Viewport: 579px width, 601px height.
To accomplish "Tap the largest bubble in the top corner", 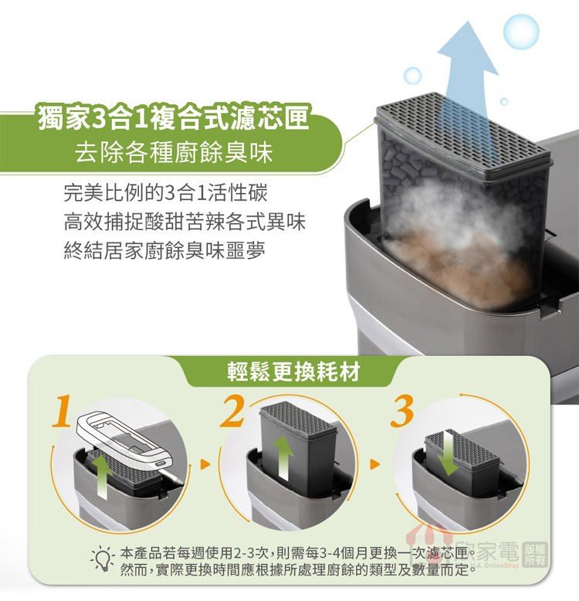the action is point(521,32).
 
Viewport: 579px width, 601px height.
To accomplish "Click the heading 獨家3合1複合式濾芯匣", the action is point(174,117).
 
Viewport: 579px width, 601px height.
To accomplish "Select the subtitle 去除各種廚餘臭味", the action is point(174,152).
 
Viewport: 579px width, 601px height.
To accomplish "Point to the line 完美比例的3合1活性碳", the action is point(165,193).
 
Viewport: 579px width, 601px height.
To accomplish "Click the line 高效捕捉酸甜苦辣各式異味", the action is point(185,222).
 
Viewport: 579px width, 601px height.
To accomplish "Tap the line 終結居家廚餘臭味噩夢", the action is point(164,250).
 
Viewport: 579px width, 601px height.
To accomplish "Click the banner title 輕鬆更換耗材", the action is point(293,372).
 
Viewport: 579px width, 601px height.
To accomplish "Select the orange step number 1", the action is point(63,411).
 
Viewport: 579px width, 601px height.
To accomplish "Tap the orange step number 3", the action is point(402,411).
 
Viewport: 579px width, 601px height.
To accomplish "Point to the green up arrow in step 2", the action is point(283,457).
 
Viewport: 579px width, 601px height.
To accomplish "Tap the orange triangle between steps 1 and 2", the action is point(205,464).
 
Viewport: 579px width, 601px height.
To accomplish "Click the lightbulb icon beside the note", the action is point(102,558).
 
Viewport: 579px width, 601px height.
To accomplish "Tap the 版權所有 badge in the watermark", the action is point(534,554).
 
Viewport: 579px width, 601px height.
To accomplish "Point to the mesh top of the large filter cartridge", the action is point(464,131).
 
